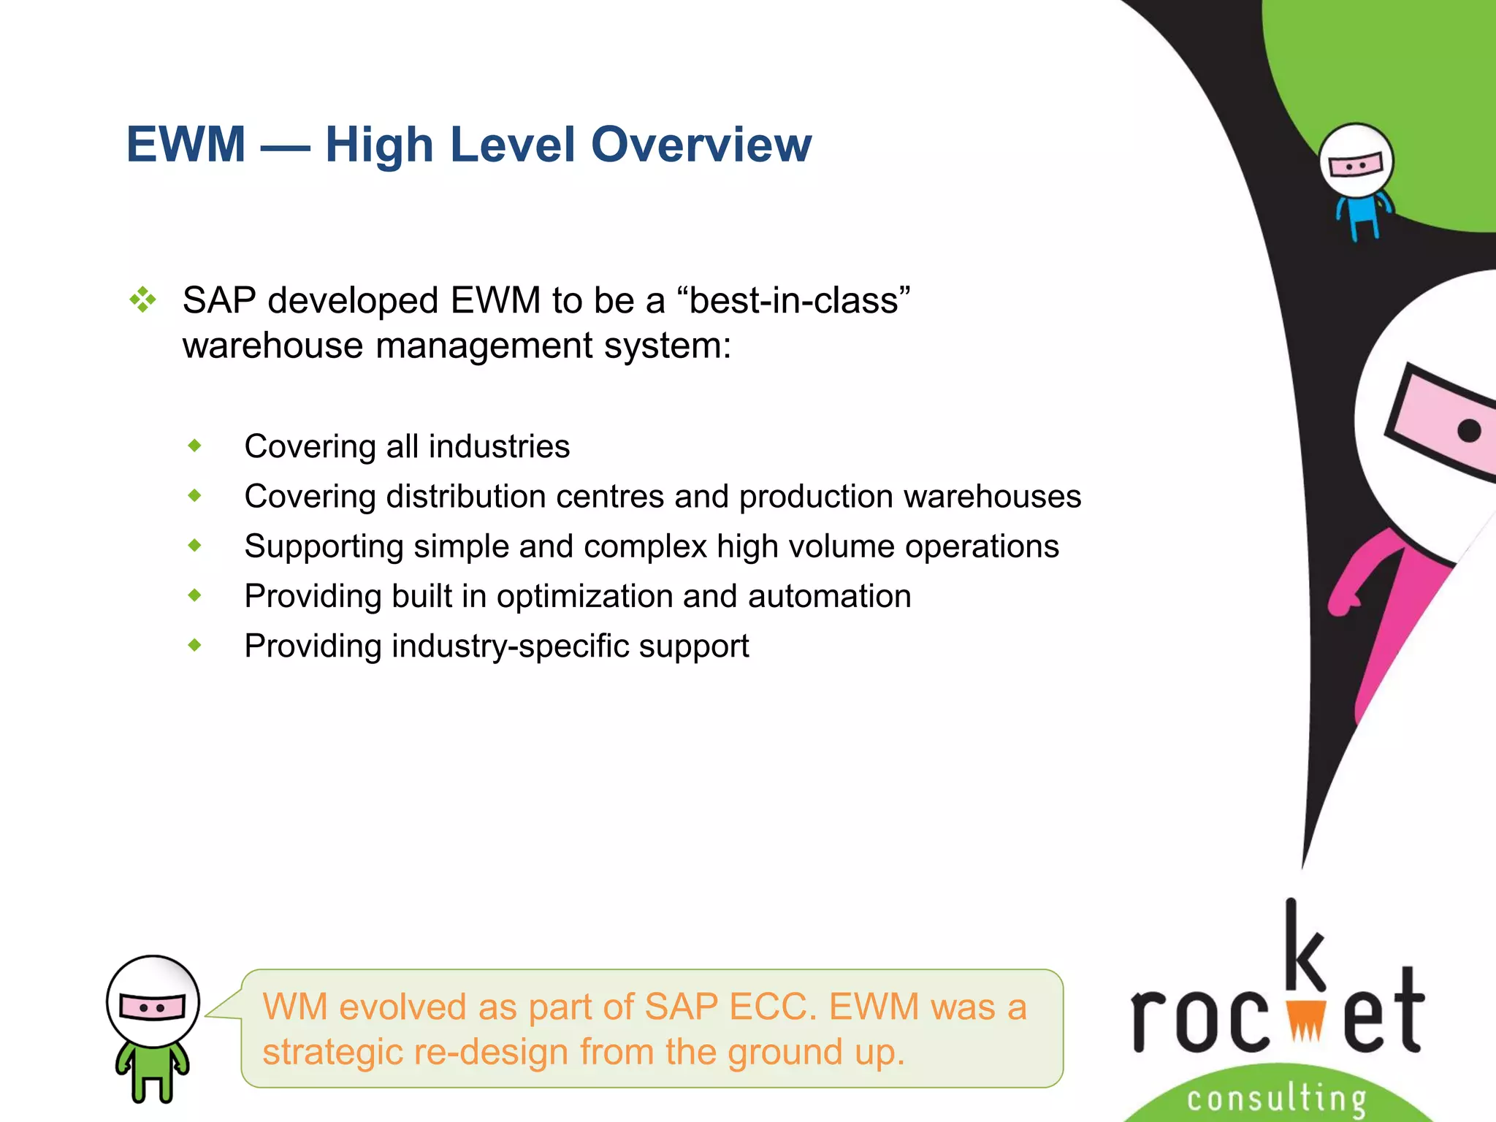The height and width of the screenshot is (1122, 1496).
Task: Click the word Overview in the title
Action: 701,145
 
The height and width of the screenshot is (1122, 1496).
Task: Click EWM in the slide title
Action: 186,145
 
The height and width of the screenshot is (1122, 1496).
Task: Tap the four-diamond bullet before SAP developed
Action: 142,300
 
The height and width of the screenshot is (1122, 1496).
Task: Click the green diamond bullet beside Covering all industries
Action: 194,446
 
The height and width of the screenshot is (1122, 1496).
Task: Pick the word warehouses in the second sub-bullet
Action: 991,497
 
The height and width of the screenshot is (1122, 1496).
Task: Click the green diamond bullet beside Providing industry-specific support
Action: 194,645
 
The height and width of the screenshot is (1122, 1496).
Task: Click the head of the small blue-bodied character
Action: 1356,161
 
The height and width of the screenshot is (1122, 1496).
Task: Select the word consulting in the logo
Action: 1276,1099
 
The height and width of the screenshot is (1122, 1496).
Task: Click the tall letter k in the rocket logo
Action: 1304,946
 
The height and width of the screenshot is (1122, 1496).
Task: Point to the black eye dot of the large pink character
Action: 1469,430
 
